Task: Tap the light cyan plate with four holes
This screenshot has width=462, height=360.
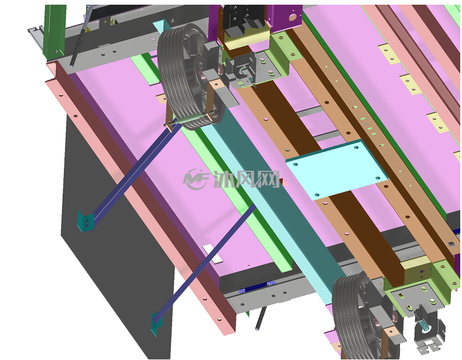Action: click(x=337, y=170)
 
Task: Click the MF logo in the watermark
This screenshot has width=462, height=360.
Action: click(x=196, y=179)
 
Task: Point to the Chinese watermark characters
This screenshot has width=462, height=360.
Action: click(x=247, y=179)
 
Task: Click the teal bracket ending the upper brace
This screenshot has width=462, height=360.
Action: click(x=85, y=221)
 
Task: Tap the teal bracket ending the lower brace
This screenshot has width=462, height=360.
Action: click(x=156, y=324)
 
